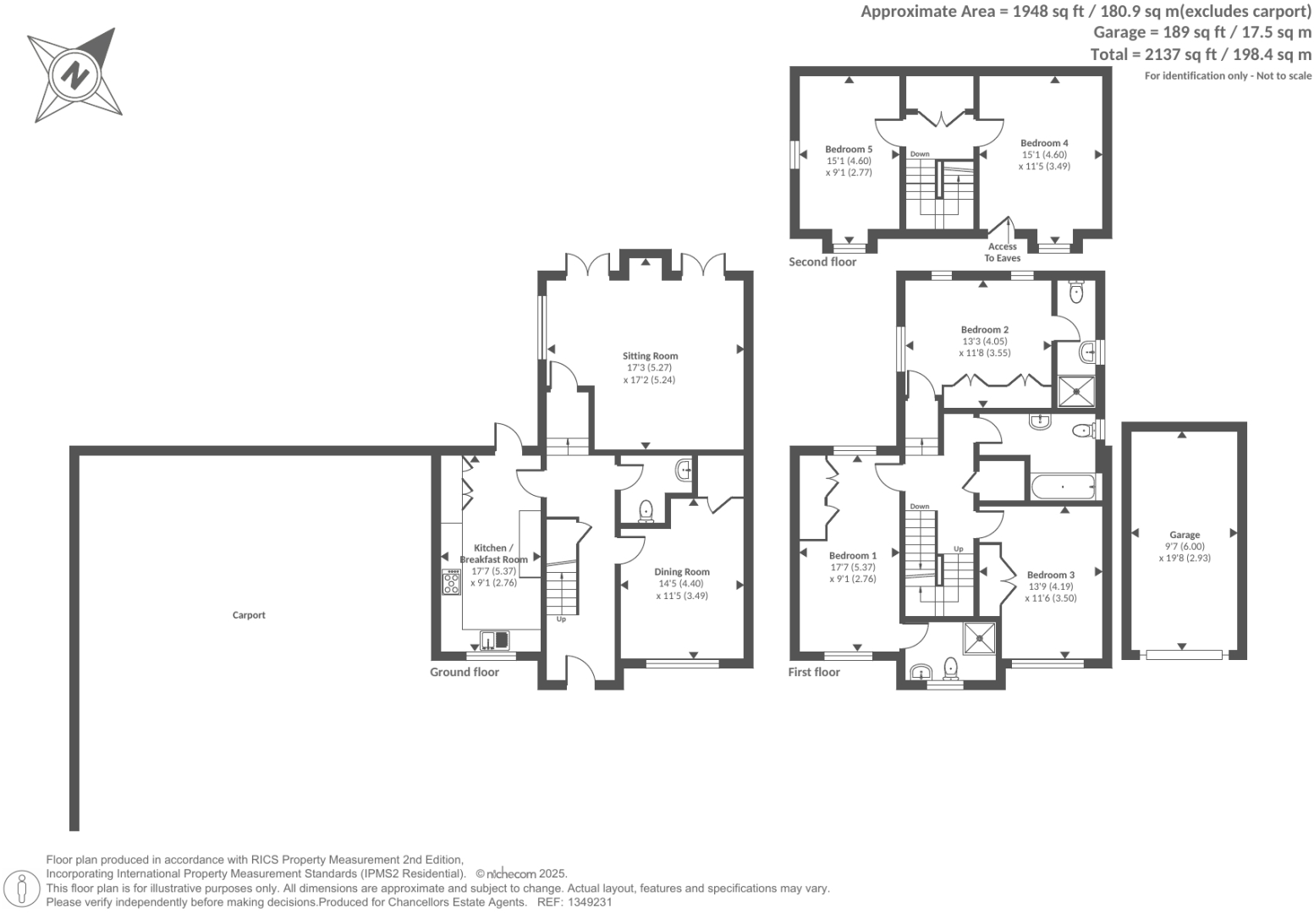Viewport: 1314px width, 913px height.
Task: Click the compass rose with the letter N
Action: click(x=74, y=75)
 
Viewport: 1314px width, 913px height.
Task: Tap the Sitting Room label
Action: click(x=650, y=356)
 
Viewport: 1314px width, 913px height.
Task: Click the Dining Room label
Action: click(x=682, y=572)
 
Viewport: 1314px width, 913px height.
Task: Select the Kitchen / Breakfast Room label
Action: click(x=493, y=554)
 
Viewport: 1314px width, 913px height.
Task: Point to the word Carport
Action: click(x=249, y=615)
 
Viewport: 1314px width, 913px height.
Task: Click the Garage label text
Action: click(x=1185, y=535)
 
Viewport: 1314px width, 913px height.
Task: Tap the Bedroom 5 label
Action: click(x=849, y=149)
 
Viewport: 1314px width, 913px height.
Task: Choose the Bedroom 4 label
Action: click(x=1044, y=143)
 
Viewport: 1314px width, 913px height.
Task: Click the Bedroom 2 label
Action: click(x=984, y=330)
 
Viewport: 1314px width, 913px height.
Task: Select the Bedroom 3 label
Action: click(x=1051, y=575)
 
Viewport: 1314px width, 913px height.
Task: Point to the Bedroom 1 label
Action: click(x=853, y=556)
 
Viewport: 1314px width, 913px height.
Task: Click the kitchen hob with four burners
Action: click(x=451, y=582)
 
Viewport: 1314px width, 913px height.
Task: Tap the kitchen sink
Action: click(x=496, y=640)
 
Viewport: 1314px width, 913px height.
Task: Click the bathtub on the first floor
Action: click(x=1063, y=487)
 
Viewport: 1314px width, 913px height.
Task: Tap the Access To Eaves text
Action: click(x=1003, y=252)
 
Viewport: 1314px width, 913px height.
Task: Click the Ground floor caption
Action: click(x=465, y=672)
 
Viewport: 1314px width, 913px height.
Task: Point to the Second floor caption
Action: click(x=822, y=261)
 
